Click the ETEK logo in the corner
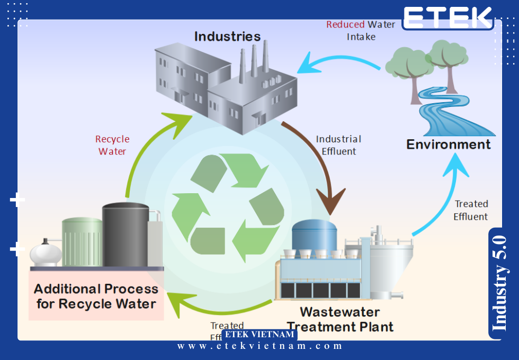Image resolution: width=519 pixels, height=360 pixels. pos(447,17)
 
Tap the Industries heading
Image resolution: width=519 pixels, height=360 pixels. pos(227,37)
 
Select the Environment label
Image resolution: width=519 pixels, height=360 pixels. pos(448,144)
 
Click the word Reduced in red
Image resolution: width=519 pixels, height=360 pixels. pos(345,24)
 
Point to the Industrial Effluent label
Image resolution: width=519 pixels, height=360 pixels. pos(338,145)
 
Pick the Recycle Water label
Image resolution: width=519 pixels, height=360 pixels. pos(112,145)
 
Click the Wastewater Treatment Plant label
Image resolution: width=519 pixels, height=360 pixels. pos(339,319)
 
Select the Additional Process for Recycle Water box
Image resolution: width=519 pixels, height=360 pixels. pos(96,296)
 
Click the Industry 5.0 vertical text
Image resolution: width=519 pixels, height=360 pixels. pos(500,283)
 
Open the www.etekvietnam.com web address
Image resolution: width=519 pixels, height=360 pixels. pos(259,346)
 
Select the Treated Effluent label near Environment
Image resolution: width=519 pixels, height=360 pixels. pos(471,210)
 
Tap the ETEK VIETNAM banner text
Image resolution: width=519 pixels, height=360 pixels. pos(259,335)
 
